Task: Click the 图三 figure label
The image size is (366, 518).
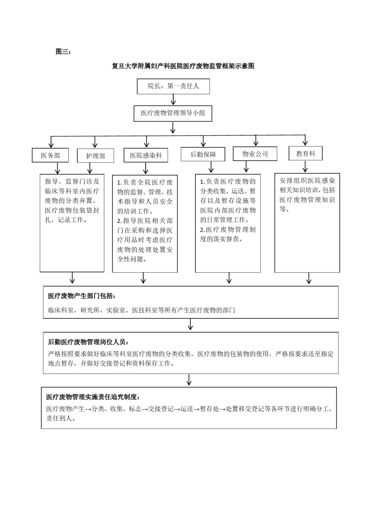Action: point(63,51)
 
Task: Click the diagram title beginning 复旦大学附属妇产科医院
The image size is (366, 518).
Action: point(183,66)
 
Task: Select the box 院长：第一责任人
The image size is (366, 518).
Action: point(173,86)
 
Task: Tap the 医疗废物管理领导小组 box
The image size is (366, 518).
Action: point(173,113)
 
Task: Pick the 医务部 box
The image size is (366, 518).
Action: point(51,155)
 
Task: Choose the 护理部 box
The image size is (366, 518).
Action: point(95,156)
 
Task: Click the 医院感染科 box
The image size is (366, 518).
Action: point(146,155)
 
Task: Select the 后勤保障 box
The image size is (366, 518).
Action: point(203,154)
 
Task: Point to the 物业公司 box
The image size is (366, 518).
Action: point(255,154)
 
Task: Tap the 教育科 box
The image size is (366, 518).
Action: point(305,153)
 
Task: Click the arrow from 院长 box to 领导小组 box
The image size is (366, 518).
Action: point(173,100)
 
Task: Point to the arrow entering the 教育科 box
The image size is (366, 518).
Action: point(305,140)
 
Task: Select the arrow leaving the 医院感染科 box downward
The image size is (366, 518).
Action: point(146,168)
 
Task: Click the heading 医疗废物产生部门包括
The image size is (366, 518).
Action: point(82,296)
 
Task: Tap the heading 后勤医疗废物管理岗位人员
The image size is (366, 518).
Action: point(88,342)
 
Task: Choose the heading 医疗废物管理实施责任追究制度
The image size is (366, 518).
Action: point(93,397)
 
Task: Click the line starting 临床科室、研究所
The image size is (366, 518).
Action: point(142,310)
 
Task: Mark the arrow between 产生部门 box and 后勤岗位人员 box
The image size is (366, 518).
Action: point(190,324)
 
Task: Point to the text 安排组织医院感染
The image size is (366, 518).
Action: point(307,180)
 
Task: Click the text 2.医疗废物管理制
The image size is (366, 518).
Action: point(228,229)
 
